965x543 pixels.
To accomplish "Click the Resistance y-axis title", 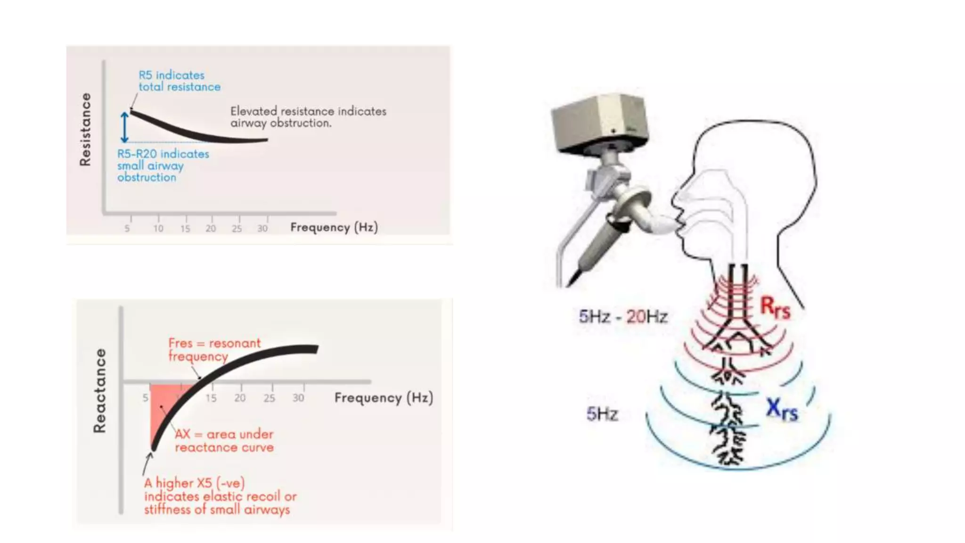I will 85,129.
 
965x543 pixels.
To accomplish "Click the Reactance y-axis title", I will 99,391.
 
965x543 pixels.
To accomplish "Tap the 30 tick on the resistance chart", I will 262,229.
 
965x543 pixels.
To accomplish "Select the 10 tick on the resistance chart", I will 158,229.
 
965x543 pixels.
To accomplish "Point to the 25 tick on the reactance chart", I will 269,398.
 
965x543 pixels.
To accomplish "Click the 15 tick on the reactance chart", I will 211,398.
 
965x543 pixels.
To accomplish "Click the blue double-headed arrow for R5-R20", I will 124,127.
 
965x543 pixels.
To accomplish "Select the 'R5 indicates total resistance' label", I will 179,81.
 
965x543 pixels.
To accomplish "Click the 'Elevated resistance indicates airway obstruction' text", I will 308,117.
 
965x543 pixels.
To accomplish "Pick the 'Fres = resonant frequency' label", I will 214,349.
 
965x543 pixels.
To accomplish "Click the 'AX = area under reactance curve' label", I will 224,441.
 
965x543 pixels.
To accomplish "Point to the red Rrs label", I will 775,307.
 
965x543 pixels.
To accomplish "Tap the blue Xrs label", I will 782,409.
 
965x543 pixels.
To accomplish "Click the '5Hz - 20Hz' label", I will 623,316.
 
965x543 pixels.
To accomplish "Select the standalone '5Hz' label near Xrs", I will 602,414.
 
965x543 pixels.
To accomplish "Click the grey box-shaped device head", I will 600,122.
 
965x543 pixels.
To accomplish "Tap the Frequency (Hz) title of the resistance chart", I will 334,228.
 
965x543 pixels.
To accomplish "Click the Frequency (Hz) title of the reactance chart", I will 384,398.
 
